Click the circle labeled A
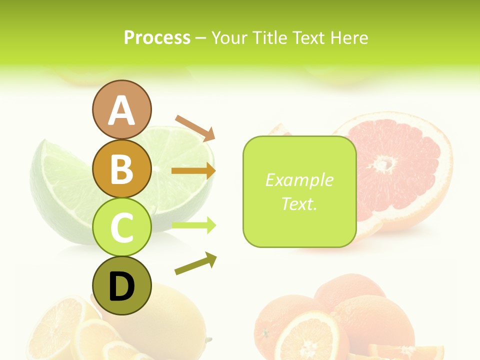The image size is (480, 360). (122, 109)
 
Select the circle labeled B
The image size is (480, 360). (122, 168)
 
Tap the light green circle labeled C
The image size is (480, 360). (122, 227)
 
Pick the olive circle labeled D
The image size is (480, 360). (122, 286)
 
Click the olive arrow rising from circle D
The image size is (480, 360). (195, 263)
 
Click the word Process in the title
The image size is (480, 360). (157, 38)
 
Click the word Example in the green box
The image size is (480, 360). (299, 180)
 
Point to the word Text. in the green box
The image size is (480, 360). (299, 203)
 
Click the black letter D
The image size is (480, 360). (122, 287)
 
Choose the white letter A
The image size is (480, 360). (122, 110)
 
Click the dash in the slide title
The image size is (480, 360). (201, 38)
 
